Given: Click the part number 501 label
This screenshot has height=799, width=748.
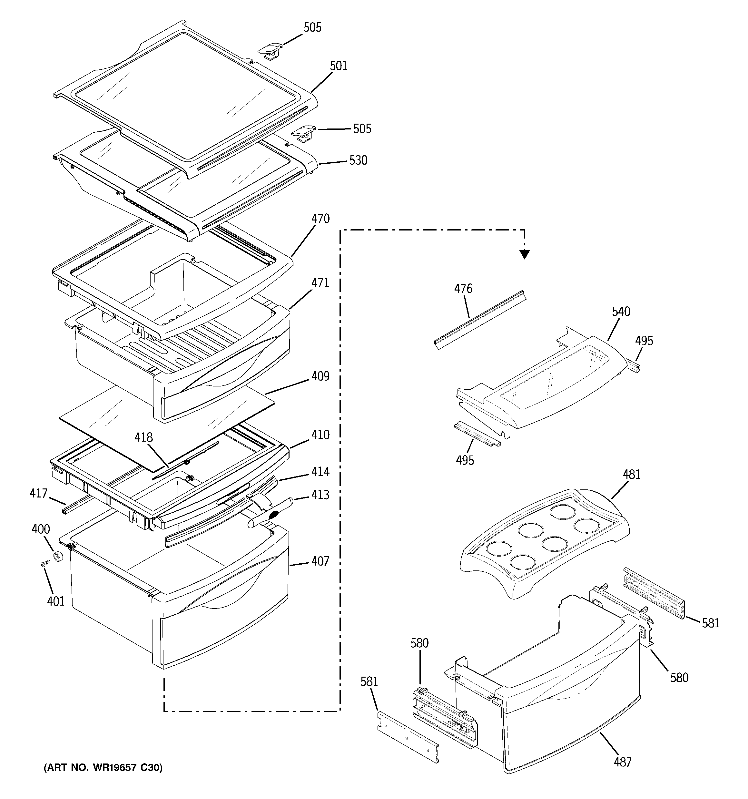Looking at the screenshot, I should point(339,66).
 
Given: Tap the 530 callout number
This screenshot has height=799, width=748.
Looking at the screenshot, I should point(358,160).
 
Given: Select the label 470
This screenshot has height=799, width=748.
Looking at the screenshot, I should point(320,219).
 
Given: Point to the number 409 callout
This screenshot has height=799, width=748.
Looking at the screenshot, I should point(320,376).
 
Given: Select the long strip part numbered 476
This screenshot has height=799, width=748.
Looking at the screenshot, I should point(480,320).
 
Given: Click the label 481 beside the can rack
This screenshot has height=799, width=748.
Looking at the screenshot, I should point(632,475).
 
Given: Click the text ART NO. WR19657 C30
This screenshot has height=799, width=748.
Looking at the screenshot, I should point(103,768).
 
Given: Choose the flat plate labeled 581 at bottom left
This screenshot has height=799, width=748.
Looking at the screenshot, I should point(408,738).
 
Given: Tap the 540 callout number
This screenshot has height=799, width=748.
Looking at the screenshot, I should point(621,312).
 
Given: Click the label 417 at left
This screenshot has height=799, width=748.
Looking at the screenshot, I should point(39,493).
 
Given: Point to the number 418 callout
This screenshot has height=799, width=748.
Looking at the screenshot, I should point(144,437).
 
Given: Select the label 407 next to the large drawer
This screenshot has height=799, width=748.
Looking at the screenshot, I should point(320,561).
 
